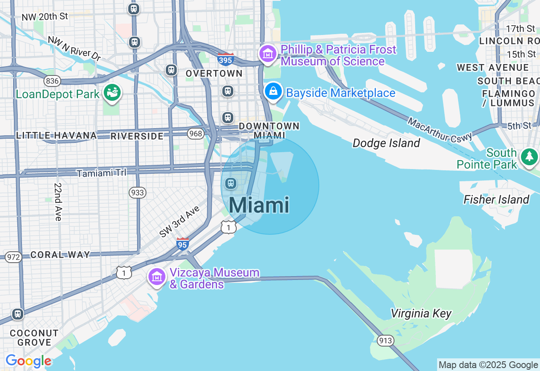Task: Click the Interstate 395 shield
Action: (226, 59)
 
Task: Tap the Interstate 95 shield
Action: (182, 244)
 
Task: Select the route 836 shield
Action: (52, 81)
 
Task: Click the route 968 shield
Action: (196, 134)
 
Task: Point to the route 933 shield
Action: (138, 193)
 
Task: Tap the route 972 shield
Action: (13, 257)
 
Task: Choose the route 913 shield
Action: (386, 341)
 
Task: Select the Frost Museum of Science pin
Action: (267, 54)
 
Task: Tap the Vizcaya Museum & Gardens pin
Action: (157, 277)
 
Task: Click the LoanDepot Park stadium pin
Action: (112, 93)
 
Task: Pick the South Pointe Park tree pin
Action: (529, 157)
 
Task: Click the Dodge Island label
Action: (386, 143)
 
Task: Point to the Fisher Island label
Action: (496, 199)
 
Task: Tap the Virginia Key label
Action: (421, 314)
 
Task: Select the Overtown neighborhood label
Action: (214, 73)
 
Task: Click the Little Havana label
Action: (57, 135)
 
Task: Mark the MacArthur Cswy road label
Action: (440, 130)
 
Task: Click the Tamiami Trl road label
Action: (101, 173)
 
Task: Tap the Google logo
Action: (28, 361)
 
